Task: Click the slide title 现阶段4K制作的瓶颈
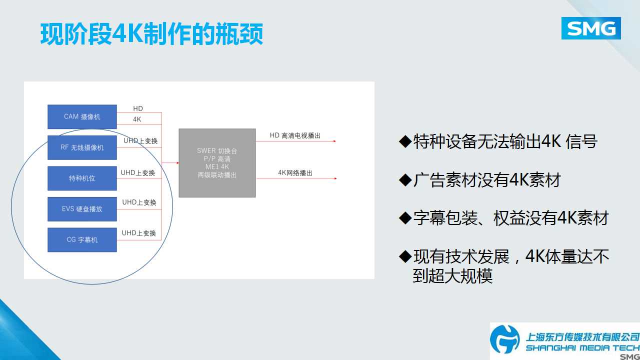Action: click(x=151, y=34)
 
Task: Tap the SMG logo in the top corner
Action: click(x=591, y=28)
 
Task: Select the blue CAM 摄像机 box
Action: click(x=82, y=116)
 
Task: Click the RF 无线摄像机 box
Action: click(x=82, y=147)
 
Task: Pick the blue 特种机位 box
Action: click(x=82, y=178)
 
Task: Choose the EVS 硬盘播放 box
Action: click(x=82, y=209)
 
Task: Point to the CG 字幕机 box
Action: click(x=82, y=239)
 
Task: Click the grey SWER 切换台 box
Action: click(x=217, y=163)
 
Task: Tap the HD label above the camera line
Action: click(x=138, y=108)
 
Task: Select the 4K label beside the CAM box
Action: click(x=137, y=119)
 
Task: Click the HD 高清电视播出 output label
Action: click(x=295, y=135)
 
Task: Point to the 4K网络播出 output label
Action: click(x=295, y=173)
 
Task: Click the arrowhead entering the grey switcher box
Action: click(x=177, y=163)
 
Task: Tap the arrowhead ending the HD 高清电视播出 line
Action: click(x=335, y=141)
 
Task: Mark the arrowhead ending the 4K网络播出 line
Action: click(x=335, y=178)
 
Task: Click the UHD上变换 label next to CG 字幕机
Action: click(x=139, y=233)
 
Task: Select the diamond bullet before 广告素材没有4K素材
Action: click(x=405, y=180)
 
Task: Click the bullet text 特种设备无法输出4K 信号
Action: click(x=505, y=141)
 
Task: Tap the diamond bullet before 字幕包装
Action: click(x=405, y=218)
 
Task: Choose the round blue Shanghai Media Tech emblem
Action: click(x=505, y=339)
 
